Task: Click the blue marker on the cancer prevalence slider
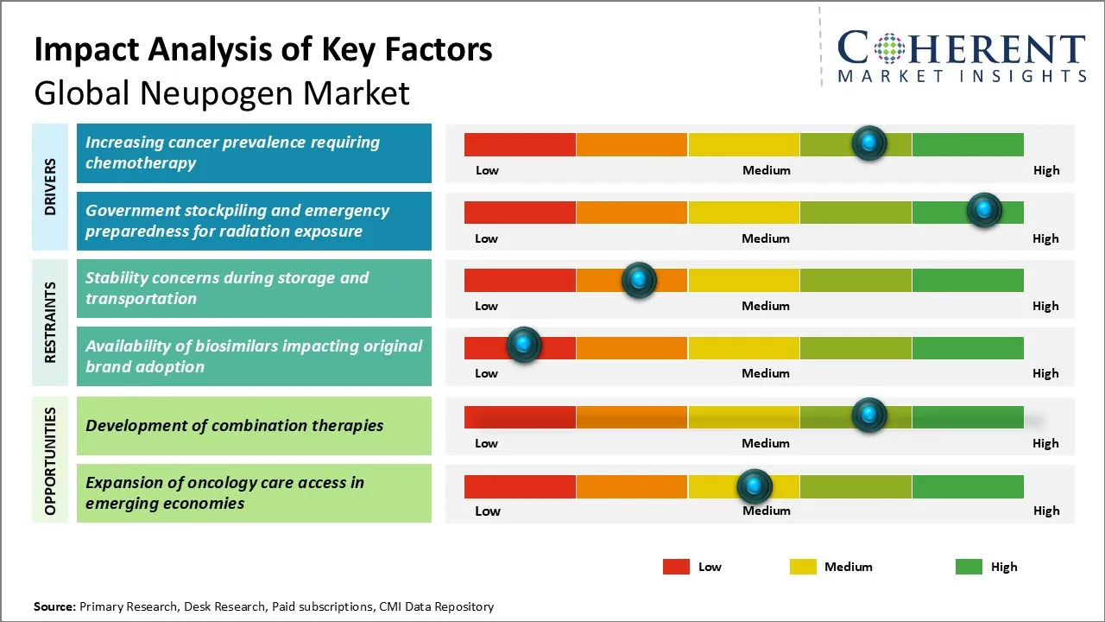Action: click(869, 143)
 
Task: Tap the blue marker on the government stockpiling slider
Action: click(983, 210)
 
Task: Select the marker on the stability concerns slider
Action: click(639, 279)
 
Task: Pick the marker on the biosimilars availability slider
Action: click(523, 346)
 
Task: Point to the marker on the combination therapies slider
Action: click(869, 416)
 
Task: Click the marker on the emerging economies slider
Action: click(755, 486)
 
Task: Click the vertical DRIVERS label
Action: click(50, 186)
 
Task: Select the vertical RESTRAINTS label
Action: click(50, 322)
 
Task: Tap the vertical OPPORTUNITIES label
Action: click(50, 460)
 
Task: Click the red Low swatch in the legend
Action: click(676, 567)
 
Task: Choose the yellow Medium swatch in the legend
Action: click(803, 567)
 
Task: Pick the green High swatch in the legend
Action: click(969, 567)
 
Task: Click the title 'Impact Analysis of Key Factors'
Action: click(263, 50)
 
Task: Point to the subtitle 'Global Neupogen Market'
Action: click(222, 92)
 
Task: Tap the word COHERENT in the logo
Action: click(962, 49)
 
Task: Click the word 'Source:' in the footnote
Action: click(54, 606)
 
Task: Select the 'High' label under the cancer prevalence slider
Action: click(1046, 170)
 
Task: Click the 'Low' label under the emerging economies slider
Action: click(488, 511)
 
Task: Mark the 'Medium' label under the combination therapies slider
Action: click(766, 443)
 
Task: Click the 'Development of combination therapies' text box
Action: click(254, 426)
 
